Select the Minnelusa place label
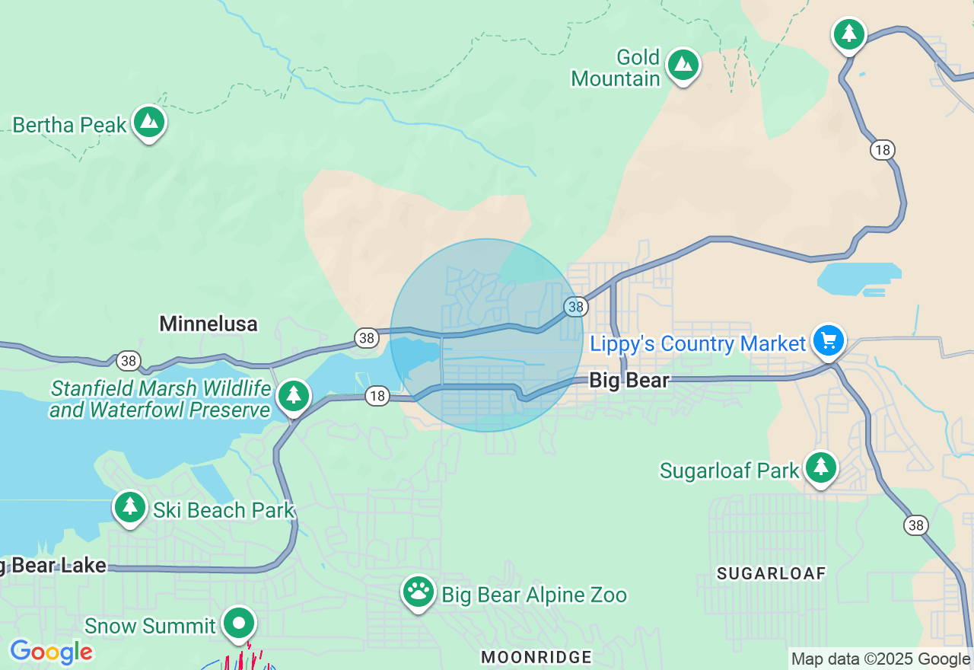[208, 324]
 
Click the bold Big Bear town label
[629, 380]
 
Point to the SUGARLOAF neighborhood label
[771, 573]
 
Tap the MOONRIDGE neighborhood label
[537, 656]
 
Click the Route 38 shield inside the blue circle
[576, 307]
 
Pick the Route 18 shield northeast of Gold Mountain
[882, 150]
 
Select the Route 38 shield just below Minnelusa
[127, 361]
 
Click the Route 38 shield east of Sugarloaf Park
[915, 525]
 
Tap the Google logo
[51, 652]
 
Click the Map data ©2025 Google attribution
[880, 659]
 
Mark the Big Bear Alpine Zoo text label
[534, 595]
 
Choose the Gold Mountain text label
[616, 68]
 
